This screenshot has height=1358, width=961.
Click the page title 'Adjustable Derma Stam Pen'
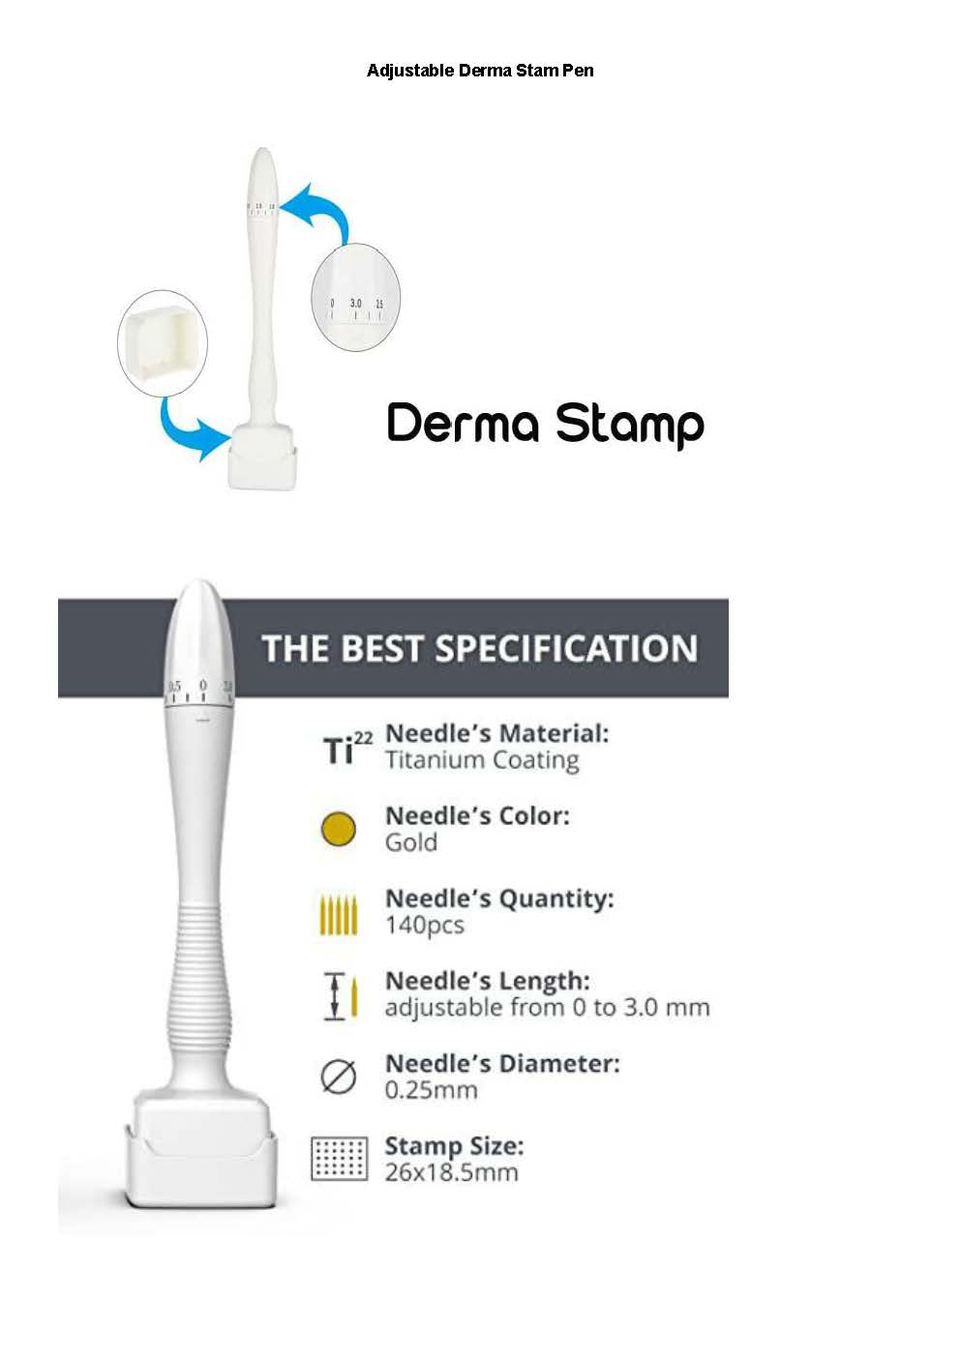click(480, 71)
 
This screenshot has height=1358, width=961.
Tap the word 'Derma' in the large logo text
click(463, 424)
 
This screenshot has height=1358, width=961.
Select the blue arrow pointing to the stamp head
click(190, 431)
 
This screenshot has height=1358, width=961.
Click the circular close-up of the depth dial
click(355, 296)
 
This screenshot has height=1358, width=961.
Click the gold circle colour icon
click(338, 829)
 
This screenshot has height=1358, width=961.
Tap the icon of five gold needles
click(338, 914)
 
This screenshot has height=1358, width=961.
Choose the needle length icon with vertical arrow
click(340, 996)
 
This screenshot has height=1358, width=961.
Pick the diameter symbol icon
click(338, 1077)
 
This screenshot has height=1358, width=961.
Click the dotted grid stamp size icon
click(339, 1158)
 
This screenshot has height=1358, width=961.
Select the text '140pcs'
click(424, 926)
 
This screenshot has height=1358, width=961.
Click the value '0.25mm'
click(431, 1090)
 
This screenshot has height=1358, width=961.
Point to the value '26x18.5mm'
click(451, 1172)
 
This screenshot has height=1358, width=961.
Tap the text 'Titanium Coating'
click(482, 760)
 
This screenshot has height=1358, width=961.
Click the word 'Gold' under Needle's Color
click(411, 842)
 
